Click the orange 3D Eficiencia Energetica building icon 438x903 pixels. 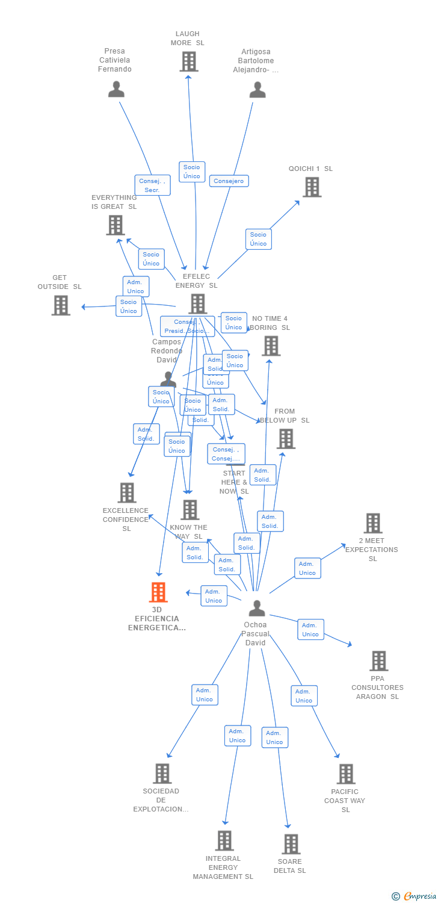[x=158, y=592]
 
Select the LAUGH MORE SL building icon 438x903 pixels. [x=189, y=61]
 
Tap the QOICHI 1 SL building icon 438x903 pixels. [x=312, y=187]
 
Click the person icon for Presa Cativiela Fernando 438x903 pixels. [x=116, y=89]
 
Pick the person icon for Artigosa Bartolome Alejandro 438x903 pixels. [x=258, y=90]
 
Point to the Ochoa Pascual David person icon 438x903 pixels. [x=257, y=609]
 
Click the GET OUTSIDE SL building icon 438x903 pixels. [x=61, y=305]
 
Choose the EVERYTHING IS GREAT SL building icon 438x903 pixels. [x=116, y=225]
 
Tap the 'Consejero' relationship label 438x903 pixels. [x=229, y=181]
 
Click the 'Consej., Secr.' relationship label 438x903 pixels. [x=152, y=185]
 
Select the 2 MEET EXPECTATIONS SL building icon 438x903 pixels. [x=373, y=523]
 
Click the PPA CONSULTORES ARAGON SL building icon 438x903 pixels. [x=378, y=661]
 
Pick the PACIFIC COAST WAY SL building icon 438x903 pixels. [x=346, y=774]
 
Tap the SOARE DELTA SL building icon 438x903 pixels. [x=291, y=844]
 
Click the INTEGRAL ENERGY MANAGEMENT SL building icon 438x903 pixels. [x=224, y=840]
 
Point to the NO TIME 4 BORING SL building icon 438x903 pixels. [x=271, y=346]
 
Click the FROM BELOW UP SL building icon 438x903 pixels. [x=286, y=439]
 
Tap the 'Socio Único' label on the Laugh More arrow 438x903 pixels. [x=192, y=172]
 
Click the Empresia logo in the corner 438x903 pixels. [x=415, y=896]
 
